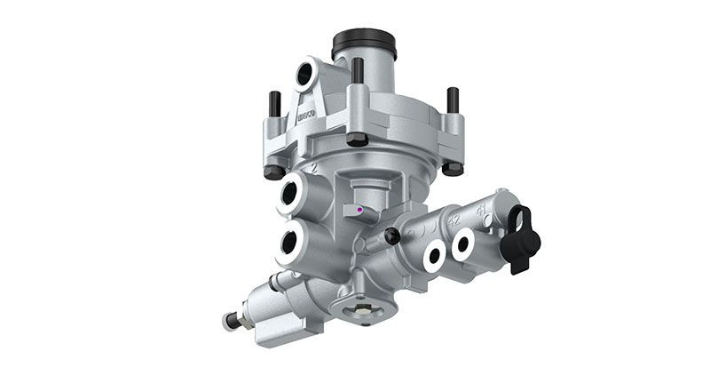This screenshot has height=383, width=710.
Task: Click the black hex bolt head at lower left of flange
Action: point(274,170)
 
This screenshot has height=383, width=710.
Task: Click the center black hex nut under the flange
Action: point(357,139)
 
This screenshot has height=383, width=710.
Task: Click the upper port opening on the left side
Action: point(293,193)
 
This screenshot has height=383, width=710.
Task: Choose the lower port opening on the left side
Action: point(292,244)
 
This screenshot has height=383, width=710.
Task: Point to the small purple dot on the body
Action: point(359,211)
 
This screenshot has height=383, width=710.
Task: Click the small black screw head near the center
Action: point(391,235)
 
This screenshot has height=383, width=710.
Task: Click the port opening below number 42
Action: point(434,256)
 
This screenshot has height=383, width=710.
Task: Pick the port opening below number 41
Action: point(462,244)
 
